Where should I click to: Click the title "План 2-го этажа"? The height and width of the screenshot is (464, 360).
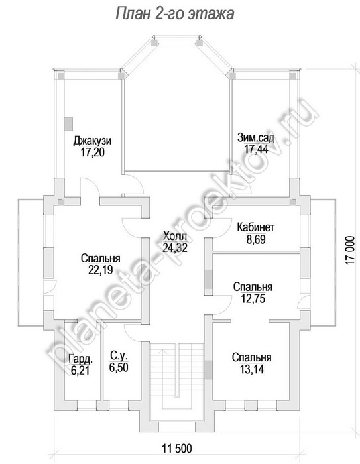174,13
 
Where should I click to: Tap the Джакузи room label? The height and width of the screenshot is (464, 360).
92,141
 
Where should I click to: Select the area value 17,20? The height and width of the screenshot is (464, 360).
92,152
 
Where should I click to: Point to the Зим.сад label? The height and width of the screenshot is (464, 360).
256,138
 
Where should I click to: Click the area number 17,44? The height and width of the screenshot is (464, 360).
256,149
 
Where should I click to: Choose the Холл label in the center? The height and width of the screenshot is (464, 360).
175,236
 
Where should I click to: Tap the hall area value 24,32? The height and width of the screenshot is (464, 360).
175,247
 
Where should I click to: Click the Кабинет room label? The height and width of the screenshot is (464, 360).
256,227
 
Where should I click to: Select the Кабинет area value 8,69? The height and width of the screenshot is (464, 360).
256,239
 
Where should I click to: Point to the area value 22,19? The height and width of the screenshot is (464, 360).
101,270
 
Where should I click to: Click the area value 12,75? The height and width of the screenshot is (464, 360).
253,298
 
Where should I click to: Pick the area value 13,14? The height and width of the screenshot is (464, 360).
252,369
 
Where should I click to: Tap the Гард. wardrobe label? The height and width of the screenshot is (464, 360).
80,359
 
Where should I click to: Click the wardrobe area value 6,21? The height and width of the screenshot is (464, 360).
80,370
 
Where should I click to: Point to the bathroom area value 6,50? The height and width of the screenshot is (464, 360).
119,367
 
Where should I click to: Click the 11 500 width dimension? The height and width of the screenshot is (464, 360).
177,448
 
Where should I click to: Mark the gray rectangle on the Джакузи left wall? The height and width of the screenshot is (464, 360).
69,124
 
